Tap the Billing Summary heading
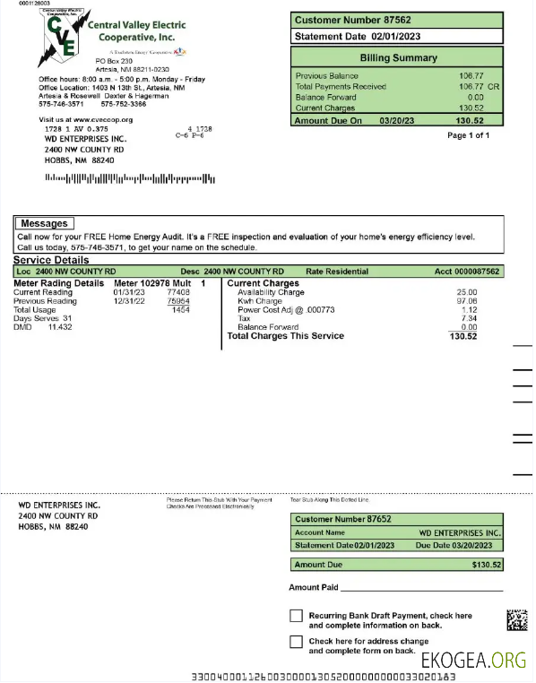coord(398,57)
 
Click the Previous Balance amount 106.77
coord(471,76)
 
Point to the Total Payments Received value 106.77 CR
coord(474,87)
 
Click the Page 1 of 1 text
coord(468,135)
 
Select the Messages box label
coord(44,223)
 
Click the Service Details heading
coord(51,259)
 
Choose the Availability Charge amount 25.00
coord(467,292)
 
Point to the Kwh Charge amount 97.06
coord(467,301)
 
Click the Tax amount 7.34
coord(469,318)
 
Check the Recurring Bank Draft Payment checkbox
coord(296,616)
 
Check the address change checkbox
coord(296,642)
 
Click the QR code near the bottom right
coord(516,619)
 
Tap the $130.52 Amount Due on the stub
coord(487,565)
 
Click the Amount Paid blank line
coord(421,590)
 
